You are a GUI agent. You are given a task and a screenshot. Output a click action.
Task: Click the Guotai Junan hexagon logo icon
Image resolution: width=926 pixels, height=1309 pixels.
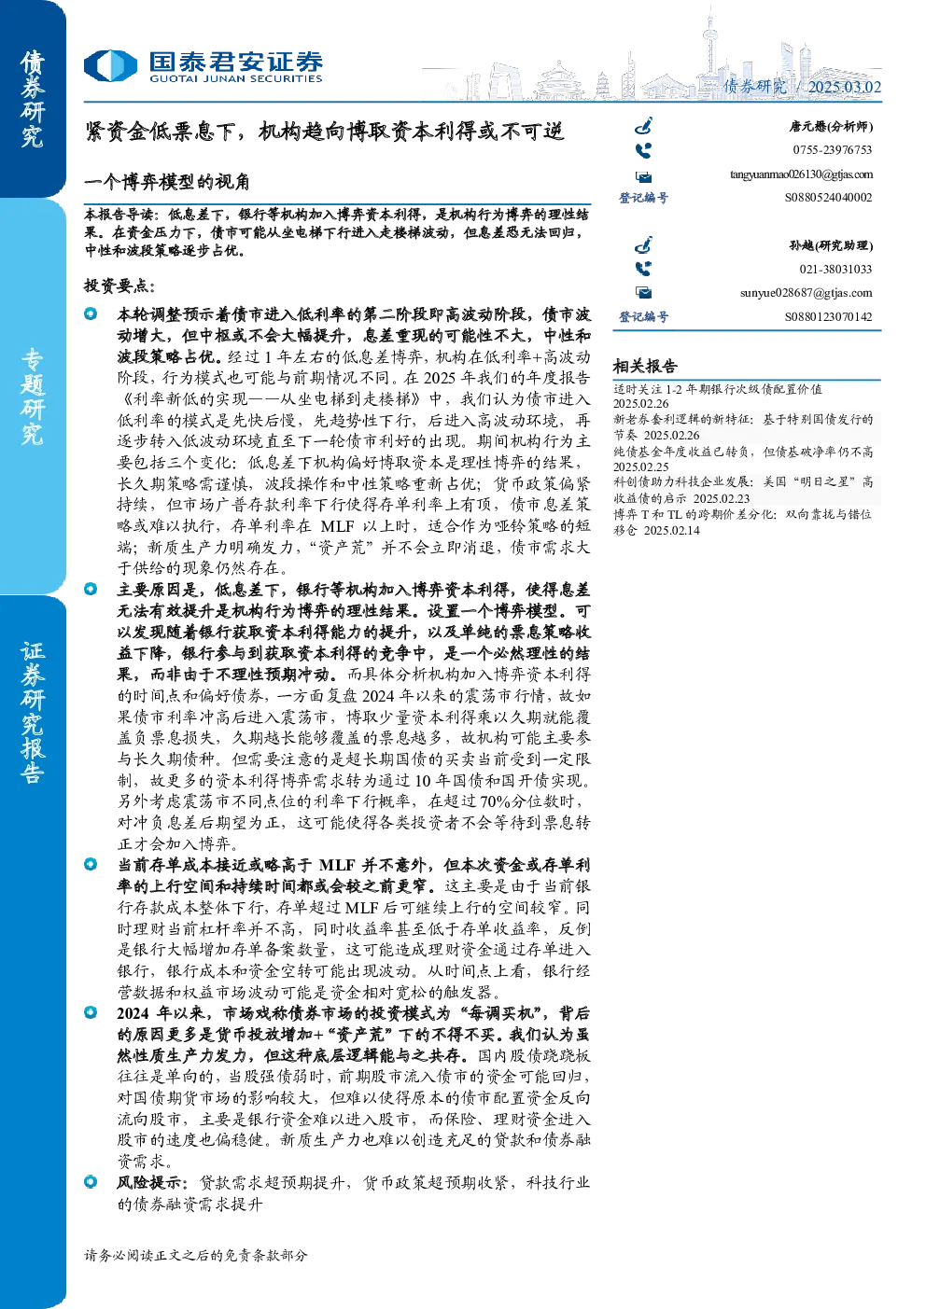(110, 65)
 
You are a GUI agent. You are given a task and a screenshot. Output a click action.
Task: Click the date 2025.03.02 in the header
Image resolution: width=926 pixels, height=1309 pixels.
(844, 87)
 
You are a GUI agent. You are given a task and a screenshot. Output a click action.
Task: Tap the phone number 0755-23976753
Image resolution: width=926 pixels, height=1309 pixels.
(832, 150)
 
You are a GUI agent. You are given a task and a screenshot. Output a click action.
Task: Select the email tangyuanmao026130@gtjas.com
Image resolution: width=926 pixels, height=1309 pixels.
(801, 174)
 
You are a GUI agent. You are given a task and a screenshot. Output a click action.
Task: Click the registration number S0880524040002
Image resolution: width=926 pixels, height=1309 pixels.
(828, 198)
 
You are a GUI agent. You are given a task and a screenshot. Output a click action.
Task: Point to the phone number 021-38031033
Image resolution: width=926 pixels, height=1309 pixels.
(835, 270)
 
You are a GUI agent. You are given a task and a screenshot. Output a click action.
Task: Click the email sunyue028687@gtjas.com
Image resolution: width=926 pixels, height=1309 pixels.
(806, 293)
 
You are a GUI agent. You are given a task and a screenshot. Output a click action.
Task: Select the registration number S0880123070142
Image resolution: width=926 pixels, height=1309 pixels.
(828, 316)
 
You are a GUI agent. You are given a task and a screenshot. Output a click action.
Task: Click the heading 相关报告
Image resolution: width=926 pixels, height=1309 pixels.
(645, 367)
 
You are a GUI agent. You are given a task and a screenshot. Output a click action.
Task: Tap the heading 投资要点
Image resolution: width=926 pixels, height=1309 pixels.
(119, 285)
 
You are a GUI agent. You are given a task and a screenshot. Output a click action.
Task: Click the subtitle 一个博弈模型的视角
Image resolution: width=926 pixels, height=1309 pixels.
(167, 182)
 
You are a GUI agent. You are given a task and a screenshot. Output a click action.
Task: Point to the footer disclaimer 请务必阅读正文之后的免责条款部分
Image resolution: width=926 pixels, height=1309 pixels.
(195, 1255)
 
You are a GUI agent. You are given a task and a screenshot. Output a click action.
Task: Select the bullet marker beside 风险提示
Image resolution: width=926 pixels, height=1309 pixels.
(91, 1181)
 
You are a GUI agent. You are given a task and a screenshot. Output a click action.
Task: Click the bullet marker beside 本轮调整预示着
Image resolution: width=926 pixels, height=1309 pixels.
(91, 313)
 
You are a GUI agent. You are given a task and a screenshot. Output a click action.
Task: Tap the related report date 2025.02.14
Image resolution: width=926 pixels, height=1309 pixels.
(671, 531)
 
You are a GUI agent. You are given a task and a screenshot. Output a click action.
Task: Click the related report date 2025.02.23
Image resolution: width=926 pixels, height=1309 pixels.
(722, 498)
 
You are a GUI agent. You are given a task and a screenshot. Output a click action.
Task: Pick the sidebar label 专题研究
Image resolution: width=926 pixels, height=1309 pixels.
(32, 397)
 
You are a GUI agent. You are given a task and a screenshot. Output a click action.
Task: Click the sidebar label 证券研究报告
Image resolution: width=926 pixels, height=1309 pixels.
(32, 713)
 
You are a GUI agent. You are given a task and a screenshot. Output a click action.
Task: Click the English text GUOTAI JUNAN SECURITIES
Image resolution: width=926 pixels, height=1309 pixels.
(235, 78)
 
